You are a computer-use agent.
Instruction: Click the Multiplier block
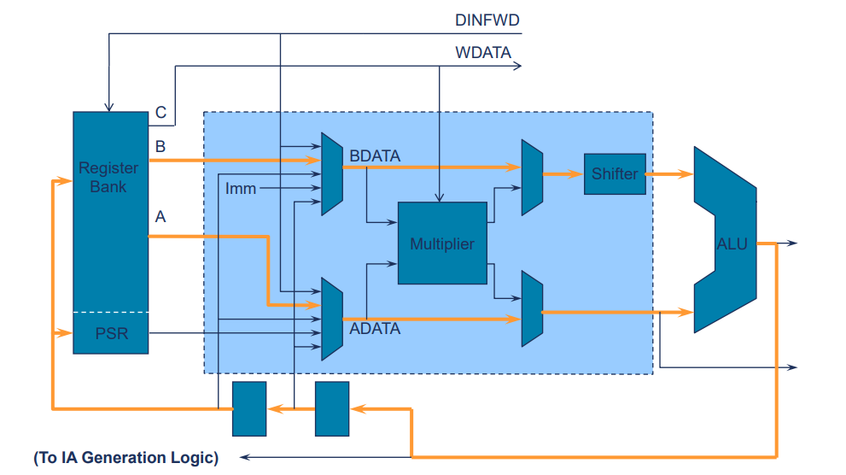[442, 243]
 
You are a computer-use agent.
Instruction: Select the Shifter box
[615, 174]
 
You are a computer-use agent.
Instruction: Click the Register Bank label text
[108, 177]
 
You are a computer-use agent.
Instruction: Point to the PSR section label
[111, 333]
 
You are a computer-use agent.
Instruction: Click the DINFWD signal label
[487, 18]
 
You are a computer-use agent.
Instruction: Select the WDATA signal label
[483, 52]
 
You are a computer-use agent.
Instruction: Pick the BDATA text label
[376, 155]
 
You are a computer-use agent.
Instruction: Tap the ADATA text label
[375, 328]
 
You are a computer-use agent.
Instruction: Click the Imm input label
[241, 188]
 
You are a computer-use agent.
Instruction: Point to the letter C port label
[160, 113]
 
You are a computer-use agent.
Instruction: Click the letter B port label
[160, 147]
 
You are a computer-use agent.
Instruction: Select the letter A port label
[160, 217]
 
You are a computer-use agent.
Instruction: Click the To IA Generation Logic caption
[126, 458]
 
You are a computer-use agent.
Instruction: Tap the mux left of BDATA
[332, 173]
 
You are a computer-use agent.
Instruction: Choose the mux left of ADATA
[332, 319]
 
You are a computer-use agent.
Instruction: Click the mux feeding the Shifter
[532, 178]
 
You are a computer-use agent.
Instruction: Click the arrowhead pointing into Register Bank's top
[108, 107]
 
